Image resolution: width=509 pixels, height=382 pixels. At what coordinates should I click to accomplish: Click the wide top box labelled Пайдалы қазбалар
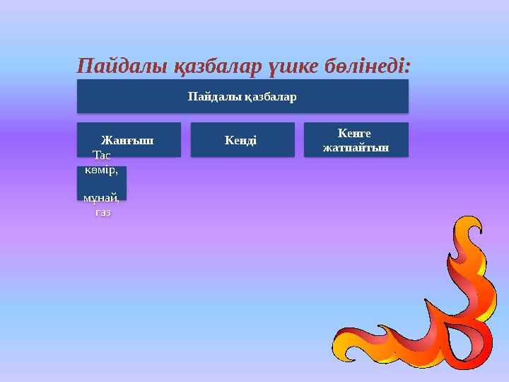(242, 96)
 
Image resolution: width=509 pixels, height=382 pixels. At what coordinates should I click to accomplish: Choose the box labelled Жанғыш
(129, 139)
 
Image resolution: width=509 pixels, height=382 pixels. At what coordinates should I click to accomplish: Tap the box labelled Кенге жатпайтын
(356, 139)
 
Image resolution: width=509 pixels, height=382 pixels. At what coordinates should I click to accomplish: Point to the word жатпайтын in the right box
(356, 148)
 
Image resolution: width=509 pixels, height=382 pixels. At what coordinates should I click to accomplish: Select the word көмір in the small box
(101, 170)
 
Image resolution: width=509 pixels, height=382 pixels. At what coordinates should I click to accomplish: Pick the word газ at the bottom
(103, 212)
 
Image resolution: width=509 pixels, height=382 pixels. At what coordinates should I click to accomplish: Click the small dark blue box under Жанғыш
(102, 183)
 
